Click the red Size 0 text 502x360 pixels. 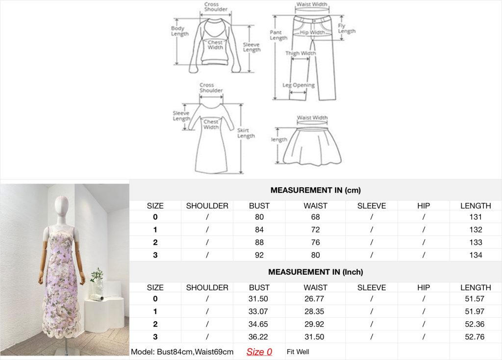259,352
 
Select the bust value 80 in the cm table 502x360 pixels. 259,217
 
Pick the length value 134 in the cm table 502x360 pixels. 476,255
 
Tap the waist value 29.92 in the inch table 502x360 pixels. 314,324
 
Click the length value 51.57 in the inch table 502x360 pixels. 475,299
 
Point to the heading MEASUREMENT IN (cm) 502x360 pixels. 315,190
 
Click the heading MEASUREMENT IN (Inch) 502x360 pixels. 315,272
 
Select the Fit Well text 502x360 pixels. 298,352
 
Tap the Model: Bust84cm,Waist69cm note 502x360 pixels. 182,352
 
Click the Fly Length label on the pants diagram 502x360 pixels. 347,28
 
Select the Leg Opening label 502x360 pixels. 299,85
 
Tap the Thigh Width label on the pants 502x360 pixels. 301,53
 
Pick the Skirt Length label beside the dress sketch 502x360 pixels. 246,133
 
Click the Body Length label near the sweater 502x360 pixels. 179,31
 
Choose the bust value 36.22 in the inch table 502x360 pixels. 258,336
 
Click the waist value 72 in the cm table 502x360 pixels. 315,230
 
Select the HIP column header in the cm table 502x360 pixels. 423,206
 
